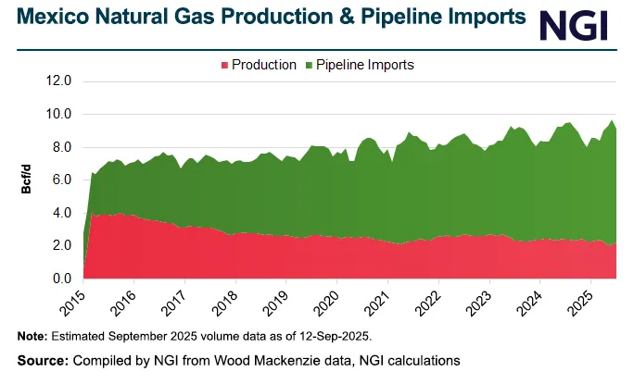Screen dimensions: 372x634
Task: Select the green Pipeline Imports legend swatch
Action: [x=309, y=65]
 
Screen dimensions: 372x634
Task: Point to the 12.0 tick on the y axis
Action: [x=58, y=81]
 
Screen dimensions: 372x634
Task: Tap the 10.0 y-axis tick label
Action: [x=58, y=115]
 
